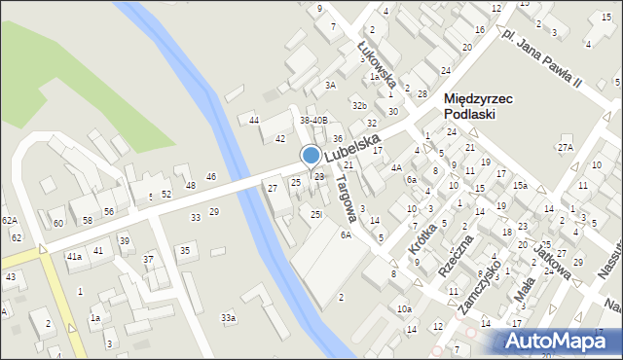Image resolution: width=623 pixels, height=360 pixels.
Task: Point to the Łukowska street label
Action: click(x=374, y=58)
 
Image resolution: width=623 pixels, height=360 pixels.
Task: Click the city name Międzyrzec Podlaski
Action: click(x=484, y=106)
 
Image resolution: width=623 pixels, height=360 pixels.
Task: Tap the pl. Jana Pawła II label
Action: click(x=541, y=58)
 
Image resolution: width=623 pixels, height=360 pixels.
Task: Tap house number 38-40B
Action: click(x=313, y=121)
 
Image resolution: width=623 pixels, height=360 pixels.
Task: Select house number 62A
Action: click(x=10, y=221)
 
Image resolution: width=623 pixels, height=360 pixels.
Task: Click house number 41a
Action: click(x=74, y=256)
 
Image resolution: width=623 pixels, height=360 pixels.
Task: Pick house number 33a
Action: click(x=228, y=318)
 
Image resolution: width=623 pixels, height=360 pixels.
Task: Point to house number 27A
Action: click(x=566, y=147)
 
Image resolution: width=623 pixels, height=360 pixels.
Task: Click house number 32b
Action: click(x=359, y=105)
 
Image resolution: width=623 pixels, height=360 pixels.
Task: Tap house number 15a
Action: click(x=521, y=186)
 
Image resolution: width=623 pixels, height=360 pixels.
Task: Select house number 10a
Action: click(x=404, y=308)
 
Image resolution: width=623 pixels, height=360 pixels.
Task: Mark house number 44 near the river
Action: click(x=254, y=120)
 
